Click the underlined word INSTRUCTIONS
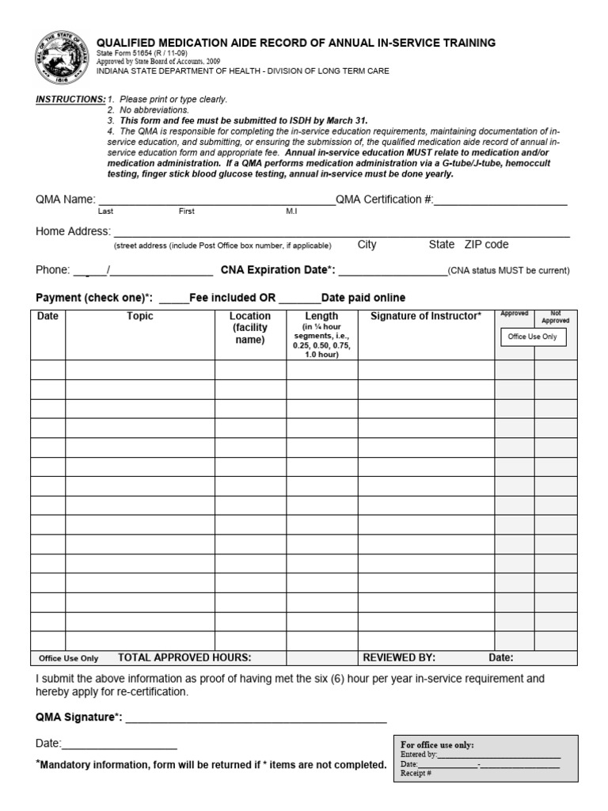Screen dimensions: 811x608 tap(70, 100)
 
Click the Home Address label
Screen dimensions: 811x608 tap(72, 231)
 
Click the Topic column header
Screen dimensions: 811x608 tap(139, 317)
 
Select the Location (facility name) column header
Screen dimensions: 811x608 tap(250, 328)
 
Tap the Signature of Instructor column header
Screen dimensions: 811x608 tap(425, 317)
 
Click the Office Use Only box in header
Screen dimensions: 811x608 tap(532, 337)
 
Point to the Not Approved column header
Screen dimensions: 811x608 tap(555, 317)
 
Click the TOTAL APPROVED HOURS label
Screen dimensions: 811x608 tap(184, 657)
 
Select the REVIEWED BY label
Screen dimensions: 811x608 tap(399, 657)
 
